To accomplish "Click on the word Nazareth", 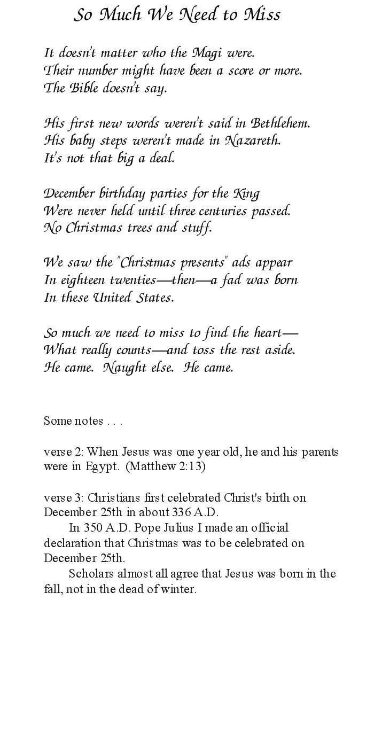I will [252, 141].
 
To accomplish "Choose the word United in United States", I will [116, 298].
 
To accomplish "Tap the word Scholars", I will [89, 574].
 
